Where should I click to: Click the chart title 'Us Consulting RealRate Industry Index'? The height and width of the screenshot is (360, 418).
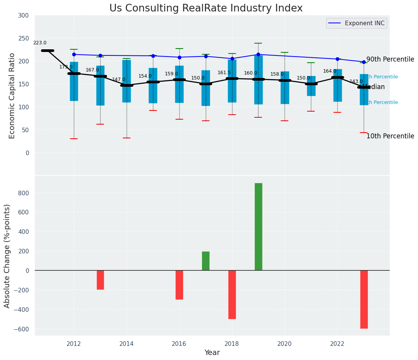(206, 8)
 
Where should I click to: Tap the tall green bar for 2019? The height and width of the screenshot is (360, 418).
(259, 227)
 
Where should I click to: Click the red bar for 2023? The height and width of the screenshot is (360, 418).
(364, 299)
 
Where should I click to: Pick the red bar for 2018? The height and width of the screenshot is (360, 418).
(232, 294)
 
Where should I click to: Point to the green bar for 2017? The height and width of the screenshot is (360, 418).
(206, 261)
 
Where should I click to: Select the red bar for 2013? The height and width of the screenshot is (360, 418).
(100, 280)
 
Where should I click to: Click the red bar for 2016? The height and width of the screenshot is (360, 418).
(179, 285)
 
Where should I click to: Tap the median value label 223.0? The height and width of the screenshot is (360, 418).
(40, 43)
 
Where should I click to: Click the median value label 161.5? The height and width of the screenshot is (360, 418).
(224, 73)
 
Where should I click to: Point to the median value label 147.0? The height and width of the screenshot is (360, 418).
(119, 79)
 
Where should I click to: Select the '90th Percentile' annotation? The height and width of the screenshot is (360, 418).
(390, 59)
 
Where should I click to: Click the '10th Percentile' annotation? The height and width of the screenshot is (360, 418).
(390, 136)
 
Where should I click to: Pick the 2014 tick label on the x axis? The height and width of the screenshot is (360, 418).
(127, 344)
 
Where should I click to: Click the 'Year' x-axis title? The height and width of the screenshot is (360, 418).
(212, 353)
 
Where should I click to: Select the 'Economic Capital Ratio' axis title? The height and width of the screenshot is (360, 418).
(12, 96)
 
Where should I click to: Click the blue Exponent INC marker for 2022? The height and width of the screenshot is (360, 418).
(337, 59)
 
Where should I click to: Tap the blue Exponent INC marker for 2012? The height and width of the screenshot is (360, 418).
(74, 54)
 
